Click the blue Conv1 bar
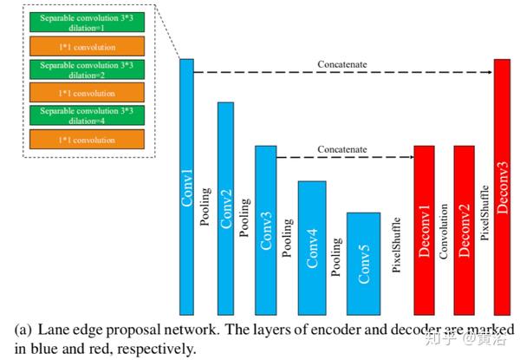pyautogui.click(x=186, y=187)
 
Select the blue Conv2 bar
pyautogui.click(x=225, y=208)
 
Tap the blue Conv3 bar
pyautogui.click(x=264, y=230)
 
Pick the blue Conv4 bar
pyautogui.click(x=312, y=247)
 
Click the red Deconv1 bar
pyautogui.click(x=424, y=230)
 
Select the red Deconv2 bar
pyautogui.click(x=464, y=230)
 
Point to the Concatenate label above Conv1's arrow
pyautogui.click(x=341, y=65)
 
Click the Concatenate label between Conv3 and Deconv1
pyautogui.click(x=341, y=150)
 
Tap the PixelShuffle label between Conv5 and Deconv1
pyautogui.click(x=397, y=246)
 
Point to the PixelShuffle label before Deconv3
pyautogui.click(x=484, y=211)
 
